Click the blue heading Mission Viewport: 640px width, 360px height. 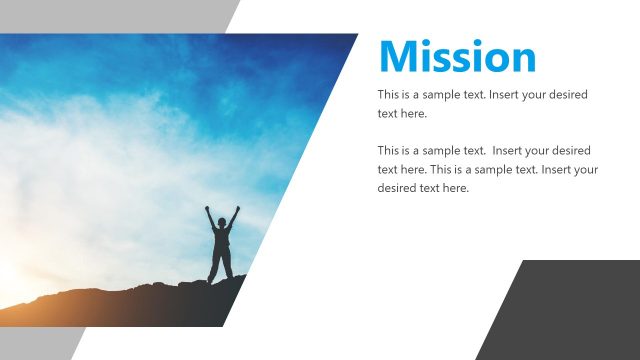click(457, 57)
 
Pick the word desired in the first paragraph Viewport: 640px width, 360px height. click(564, 95)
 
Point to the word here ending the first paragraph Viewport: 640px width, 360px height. click(414, 114)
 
